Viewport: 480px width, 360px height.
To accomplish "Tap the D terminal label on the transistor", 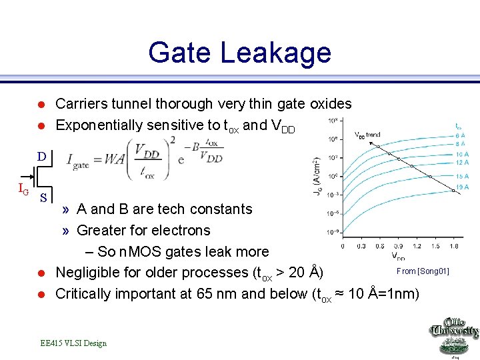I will [x=41, y=157].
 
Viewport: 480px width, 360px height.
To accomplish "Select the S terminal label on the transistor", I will [x=43, y=197].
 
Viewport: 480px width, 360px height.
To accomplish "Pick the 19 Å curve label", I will [x=462, y=187].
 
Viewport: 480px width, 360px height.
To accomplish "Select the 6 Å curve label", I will [x=461, y=135].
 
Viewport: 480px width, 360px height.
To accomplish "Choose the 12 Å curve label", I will [x=462, y=162].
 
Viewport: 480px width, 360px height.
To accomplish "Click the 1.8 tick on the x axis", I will [x=453, y=246].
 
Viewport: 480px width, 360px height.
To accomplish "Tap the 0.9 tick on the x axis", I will [x=398, y=246].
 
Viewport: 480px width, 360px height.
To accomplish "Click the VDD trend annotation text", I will [x=367, y=135].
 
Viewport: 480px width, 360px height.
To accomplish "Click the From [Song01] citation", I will [x=423, y=271].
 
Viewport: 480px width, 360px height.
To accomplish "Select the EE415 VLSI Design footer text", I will [x=73, y=343].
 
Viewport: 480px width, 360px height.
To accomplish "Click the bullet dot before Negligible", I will [x=41, y=273].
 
